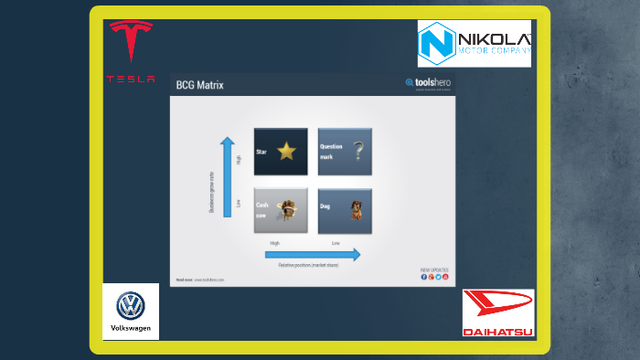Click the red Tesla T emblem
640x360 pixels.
[x=131, y=42]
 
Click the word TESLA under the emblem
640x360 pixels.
[x=131, y=79]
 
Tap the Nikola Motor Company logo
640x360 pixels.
[x=474, y=44]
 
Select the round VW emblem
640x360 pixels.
[x=131, y=304]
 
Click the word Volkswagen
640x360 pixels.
[x=131, y=327]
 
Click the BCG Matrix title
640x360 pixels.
[x=199, y=85]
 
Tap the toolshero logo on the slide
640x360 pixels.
[x=427, y=84]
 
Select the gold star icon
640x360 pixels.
[x=287, y=151]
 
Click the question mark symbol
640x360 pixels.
[x=358, y=151]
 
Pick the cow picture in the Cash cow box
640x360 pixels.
[x=288, y=210]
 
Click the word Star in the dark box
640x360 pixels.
[x=261, y=152]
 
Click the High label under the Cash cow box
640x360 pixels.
[x=274, y=243]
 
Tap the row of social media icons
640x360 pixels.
[x=434, y=277]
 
